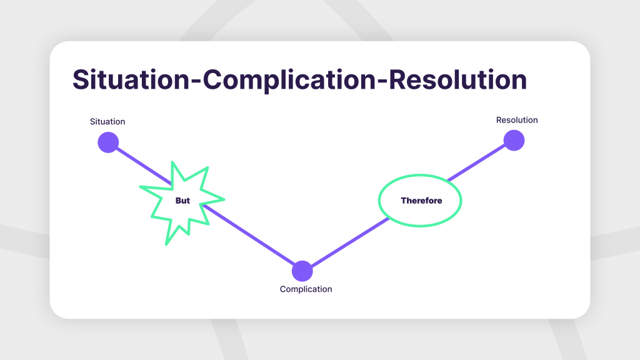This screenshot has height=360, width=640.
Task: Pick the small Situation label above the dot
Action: (107, 121)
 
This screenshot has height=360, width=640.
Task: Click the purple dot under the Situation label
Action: (108, 142)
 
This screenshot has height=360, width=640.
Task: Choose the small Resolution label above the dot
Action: (517, 120)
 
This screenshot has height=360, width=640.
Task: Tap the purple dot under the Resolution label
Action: (514, 141)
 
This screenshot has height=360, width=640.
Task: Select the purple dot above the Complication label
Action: (302, 271)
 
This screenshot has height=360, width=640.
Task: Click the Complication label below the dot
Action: (306, 289)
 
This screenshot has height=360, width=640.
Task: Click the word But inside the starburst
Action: (182, 201)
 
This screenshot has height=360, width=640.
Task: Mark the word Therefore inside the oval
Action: (421, 201)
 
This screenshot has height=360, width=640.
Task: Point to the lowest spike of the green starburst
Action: (167, 242)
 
